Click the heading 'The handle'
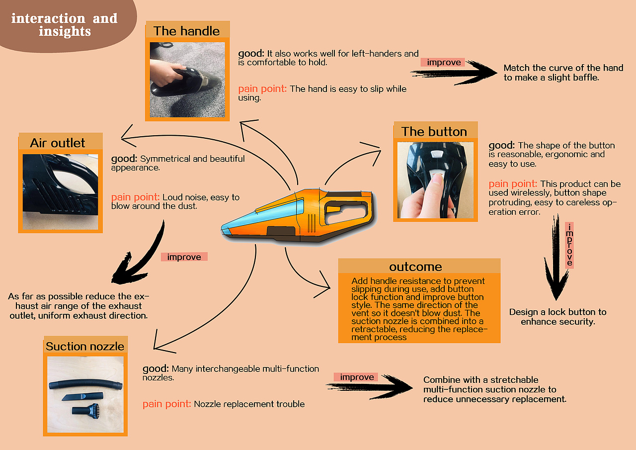coord(186,31)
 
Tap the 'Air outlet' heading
coord(57,143)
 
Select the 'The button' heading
coord(434,132)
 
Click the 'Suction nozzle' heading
coord(85,346)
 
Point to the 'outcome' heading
coord(416,267)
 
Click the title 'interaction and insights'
coord(65,25)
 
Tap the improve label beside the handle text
coord(444,62)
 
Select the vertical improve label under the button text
coord(569,245)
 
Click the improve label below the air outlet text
coord(184,257)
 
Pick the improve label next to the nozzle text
coord(357,377)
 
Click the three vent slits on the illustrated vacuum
coord(312,223)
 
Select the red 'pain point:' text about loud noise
coord(135,197)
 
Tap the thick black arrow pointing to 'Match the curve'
coord(454,73)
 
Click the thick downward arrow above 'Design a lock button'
coord(556,257)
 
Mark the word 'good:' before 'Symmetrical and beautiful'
coord(124,159)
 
